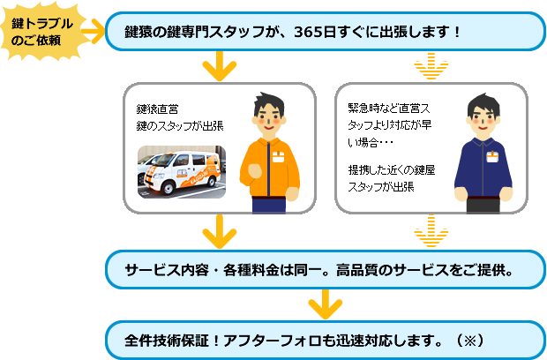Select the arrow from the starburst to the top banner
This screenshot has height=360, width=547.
[x=91, y=34]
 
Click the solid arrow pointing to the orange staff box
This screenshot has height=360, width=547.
[x=219, y=66]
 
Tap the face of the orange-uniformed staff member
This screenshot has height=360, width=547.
[x=270, y=115]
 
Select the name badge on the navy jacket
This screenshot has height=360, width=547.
[x=491, y=156]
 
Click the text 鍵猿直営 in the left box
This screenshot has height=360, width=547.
[x=158, y=109]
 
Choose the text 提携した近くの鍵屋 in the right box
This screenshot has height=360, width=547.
[x=392, y=170]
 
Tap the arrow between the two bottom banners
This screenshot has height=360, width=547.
[x=325, y=305]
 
